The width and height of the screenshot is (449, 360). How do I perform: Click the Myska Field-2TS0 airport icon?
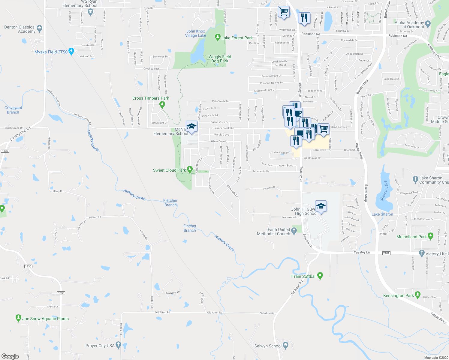(71, 51)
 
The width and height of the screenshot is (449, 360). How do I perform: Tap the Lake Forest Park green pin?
(218, 37)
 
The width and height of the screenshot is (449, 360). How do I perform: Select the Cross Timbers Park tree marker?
(162, 105)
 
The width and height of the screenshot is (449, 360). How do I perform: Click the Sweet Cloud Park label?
(169, 170)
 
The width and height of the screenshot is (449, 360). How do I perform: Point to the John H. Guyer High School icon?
(321, 206)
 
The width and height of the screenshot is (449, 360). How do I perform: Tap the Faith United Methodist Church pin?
(294, 231)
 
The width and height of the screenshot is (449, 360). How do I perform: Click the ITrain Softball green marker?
(320, 276)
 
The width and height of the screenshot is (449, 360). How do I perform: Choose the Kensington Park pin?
(417, 295)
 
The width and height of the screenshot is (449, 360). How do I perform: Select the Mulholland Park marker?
(431, 236)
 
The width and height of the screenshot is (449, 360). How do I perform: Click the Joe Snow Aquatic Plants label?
(45, 319)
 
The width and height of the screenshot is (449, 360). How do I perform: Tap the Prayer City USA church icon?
(118, 345)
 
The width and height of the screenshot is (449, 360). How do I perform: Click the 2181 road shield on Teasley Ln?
(386, 253)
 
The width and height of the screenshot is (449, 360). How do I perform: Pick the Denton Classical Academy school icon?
(40, 29)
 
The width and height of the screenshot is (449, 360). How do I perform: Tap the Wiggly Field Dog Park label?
(220, 59)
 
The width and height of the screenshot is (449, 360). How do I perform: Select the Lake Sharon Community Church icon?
(415, 179)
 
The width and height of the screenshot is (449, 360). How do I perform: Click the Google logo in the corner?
(10, 356)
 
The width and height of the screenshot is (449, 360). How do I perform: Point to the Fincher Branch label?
(190, 228)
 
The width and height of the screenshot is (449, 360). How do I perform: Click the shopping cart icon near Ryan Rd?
(284, 12)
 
